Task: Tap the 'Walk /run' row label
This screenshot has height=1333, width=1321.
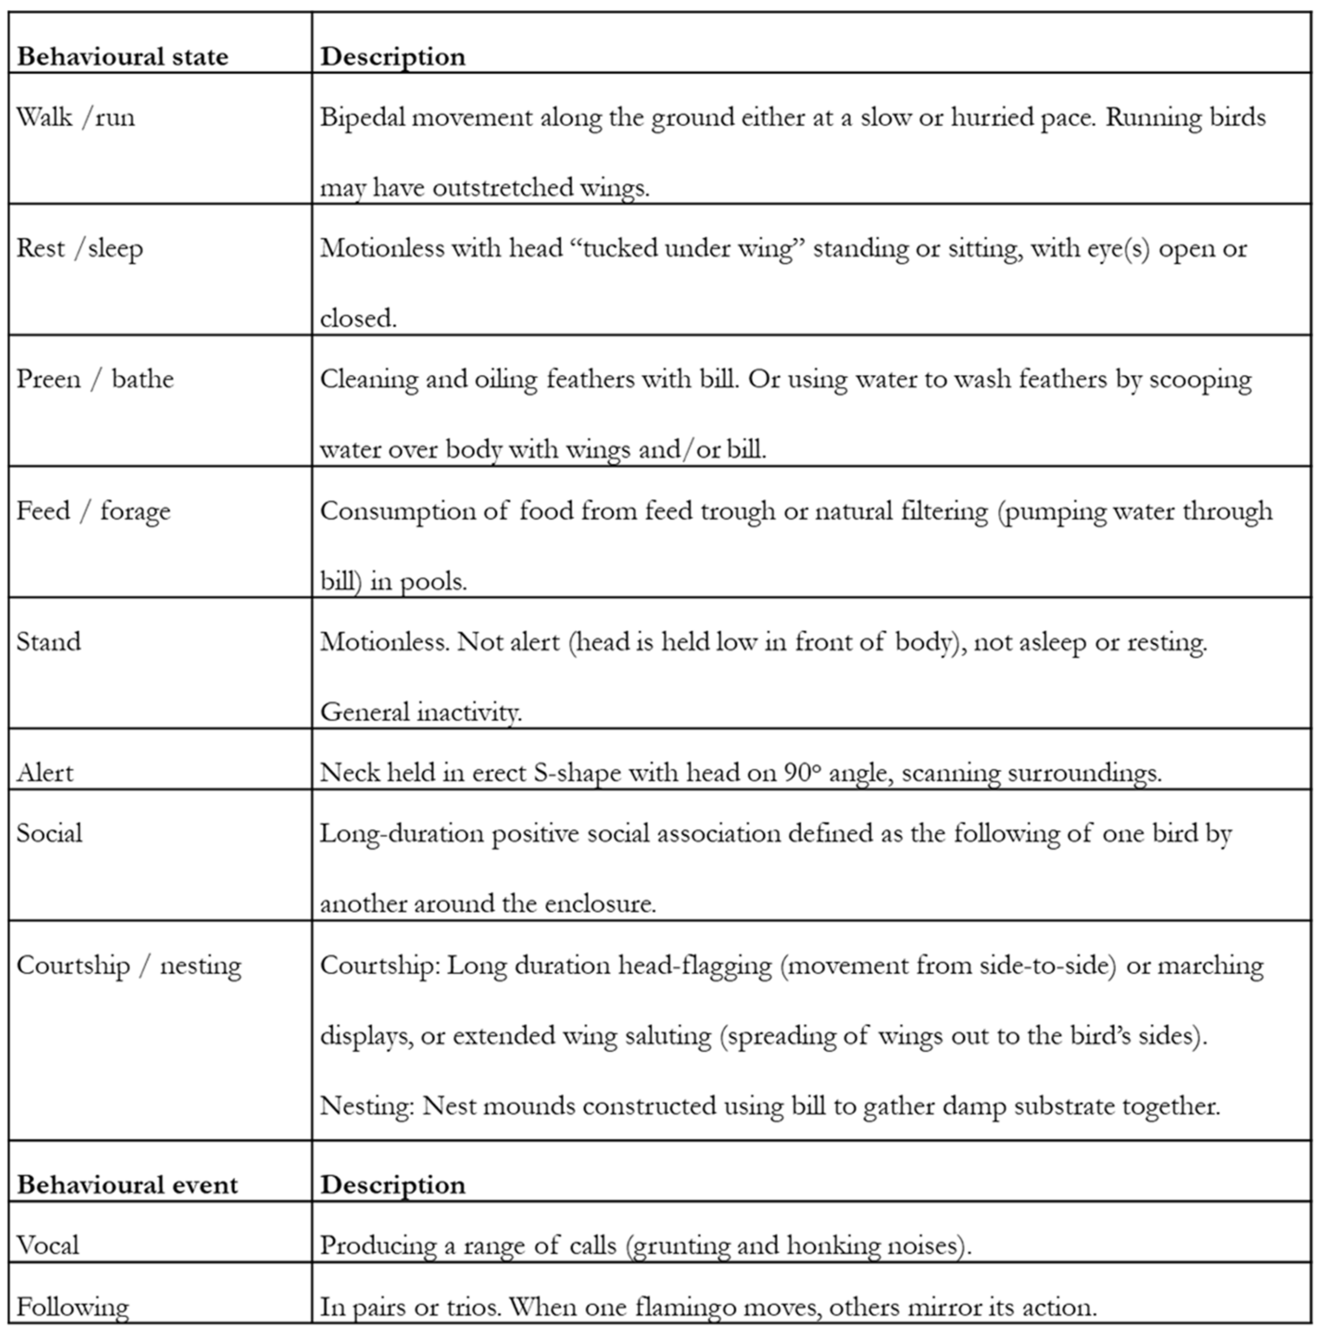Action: click(76, 117)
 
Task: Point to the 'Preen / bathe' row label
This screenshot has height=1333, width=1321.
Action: click(95, 379)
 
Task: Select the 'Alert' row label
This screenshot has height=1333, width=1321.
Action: click(45, 772)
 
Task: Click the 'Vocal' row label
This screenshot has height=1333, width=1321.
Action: click(48, 1245)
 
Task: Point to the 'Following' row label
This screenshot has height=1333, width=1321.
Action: click(72, 1307)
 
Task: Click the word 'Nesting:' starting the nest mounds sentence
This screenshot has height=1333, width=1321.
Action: click(367, 1106)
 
